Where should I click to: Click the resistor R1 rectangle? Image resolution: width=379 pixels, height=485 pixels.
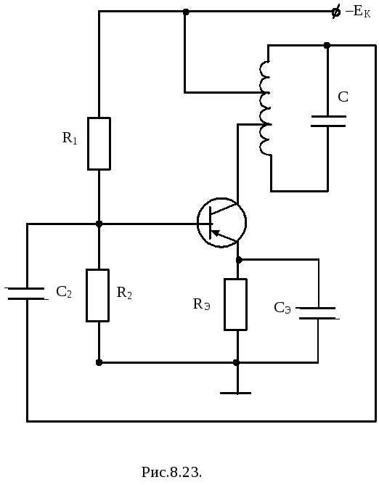coord(99,144)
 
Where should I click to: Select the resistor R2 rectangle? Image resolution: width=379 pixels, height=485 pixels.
coord(98,296)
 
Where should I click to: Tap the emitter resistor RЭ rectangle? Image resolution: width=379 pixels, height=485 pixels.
coord(236,304)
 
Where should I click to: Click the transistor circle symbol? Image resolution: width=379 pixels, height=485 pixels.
coord(222,222)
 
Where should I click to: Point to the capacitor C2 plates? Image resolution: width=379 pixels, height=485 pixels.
coord(27,293)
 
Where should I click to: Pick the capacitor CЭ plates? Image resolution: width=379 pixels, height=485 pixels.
coord(318,314)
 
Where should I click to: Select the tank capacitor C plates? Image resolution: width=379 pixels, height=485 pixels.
coord(328,121)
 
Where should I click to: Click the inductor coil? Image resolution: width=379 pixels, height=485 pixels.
coord(266,108)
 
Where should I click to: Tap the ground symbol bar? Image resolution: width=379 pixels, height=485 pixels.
coord(236,393)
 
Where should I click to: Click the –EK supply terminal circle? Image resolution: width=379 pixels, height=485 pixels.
coord(336,12)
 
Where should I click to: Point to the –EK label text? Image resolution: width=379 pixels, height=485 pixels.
coord(358,12)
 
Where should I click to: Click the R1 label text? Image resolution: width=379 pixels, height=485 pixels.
coord(70,138)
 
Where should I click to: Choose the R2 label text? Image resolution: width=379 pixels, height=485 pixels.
coord(124,293)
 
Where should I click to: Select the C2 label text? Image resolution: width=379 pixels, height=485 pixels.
coord(64,292)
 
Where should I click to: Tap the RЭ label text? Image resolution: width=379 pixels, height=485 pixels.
coord(202,304)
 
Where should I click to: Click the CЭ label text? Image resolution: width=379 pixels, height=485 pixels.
coord(282,308)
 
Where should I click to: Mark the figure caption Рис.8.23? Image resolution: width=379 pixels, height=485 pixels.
coord(171,473)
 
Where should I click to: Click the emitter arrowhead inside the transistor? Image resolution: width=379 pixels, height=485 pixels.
coord(215,233)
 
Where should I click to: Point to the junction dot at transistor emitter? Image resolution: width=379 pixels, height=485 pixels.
coord(239,260)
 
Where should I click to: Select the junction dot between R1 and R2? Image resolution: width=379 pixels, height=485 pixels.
coord(99,224)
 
